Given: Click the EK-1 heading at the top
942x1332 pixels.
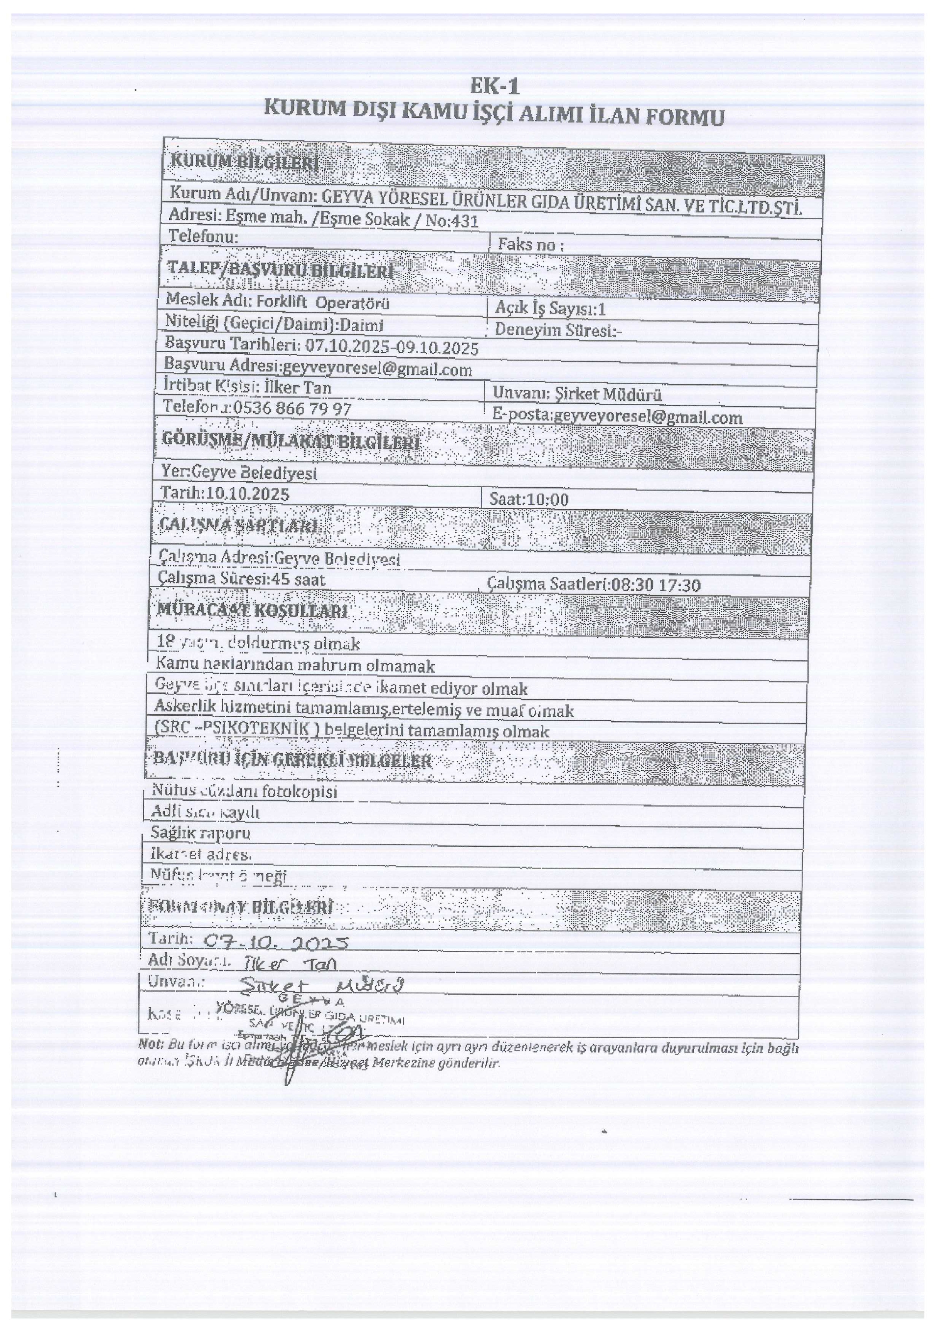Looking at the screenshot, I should pos(494,87).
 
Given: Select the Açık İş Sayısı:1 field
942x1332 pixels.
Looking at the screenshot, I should pos(550,309).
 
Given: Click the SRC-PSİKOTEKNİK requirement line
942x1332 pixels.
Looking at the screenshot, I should pos(351,731).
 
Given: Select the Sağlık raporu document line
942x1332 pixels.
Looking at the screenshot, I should pos(201,833).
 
